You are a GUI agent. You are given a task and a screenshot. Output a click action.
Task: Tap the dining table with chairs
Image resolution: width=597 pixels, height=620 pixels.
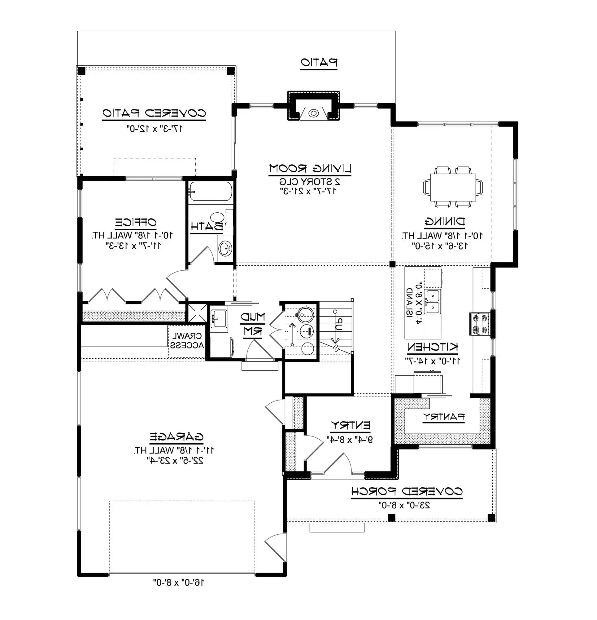(453, 187)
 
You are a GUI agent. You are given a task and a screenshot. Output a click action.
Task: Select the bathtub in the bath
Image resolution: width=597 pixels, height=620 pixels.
(211, 191)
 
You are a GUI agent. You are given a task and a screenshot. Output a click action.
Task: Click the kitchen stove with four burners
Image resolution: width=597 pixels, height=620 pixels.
(479, 324)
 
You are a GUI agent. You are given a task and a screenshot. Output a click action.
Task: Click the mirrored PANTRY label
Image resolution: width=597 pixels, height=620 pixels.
(444, 417)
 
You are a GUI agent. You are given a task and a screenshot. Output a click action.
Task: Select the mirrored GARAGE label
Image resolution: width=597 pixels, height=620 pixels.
(176, 437)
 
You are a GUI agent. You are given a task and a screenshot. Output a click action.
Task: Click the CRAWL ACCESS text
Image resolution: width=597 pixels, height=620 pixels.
(187, 341)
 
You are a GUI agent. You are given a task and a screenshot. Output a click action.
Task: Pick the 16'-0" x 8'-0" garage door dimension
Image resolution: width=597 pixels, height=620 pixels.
(179, 582)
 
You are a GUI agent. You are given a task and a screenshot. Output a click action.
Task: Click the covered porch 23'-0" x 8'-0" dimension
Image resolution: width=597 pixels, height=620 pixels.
(404, 505)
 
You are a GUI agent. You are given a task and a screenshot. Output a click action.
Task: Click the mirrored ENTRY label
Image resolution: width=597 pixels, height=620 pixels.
(350, 425)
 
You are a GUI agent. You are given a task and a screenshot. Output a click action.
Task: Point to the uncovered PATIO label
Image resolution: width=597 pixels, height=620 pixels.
(319, 62)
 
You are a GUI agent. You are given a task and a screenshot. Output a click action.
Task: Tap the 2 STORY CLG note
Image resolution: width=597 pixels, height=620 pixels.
(309, 182)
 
